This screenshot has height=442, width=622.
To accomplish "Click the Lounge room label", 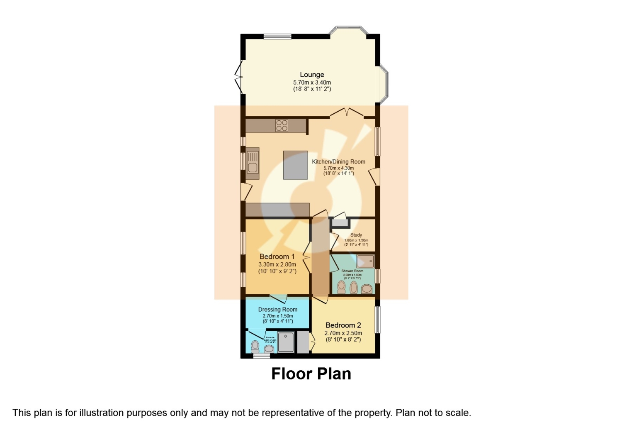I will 312,75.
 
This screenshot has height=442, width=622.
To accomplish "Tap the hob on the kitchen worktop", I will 282,125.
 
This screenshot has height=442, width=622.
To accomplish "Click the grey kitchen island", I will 295,165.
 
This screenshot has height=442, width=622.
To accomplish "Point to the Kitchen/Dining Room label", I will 338,161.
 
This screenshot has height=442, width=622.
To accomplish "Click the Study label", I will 356,235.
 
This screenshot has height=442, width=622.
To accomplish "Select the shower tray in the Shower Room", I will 365,261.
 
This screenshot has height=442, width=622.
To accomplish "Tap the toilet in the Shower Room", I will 341,286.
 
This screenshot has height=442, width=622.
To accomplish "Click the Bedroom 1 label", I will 277,256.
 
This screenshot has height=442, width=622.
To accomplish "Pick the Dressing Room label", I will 277,309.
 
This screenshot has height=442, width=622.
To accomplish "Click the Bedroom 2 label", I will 343,325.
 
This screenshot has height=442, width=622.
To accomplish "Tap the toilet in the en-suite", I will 255,345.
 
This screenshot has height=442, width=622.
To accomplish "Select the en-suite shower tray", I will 286,342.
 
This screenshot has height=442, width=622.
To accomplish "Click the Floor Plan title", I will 311,374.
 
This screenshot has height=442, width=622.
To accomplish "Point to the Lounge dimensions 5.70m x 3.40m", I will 312,83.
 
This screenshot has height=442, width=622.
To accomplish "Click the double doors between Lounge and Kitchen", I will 347,112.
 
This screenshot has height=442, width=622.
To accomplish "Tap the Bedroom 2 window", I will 377,320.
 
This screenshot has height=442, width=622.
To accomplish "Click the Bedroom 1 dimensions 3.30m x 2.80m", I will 277,264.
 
